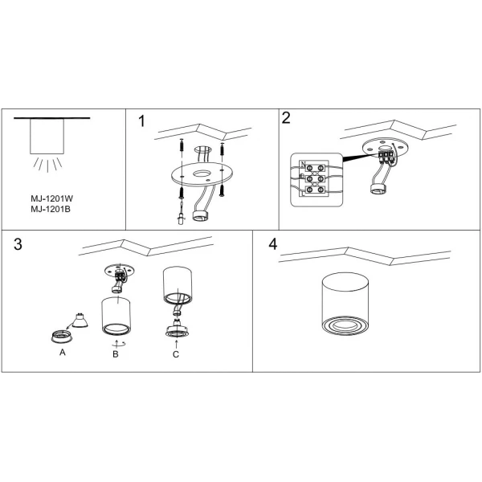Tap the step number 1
click(x=142, y=122)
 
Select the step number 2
click(x=286, y=118)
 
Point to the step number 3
click(x=18, y=245)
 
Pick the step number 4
click(x=273, y=244)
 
